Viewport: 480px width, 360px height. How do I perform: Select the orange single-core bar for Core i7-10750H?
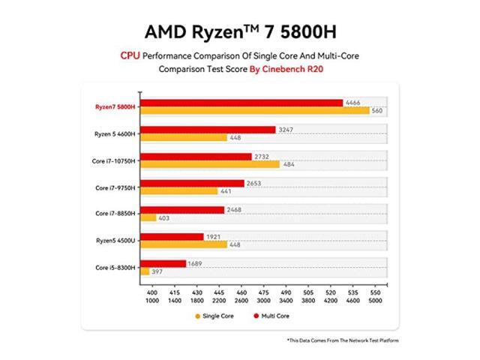pyautogui.click(x=210, y=164)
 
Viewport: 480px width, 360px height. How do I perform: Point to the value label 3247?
pyautogui.click(x=286, y=130)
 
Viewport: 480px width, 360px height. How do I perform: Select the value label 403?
pyautogui.click(x=165, y=217)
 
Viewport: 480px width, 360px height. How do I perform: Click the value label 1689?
pyautogui.click(x=196, y=263)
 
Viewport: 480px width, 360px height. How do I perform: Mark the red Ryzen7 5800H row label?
pyautogui.click(x=115, y=106)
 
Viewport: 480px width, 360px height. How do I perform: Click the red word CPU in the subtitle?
pyautogui.click(x=130, y=55)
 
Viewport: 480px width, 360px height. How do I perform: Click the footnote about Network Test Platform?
pyautogui.click(x=342, y=340)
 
